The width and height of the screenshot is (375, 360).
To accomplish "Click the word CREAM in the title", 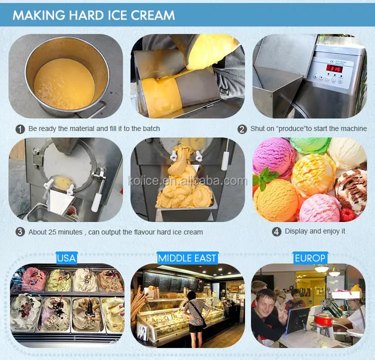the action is pyautogui.click(x=152, y=15).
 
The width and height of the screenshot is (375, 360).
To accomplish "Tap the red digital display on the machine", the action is pyautogui.click(x=334, y=69).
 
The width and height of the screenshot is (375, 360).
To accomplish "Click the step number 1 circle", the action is pyautogui.click(x=20, y=129).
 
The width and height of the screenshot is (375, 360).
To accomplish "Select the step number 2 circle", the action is pyautogui.click(x=242, y=129).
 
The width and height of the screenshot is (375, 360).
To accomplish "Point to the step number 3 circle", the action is pyautogui.click(x=20, y=232).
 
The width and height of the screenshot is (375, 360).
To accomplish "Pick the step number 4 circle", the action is pyautogui.click(x=276, y=231).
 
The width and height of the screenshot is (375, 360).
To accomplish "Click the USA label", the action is pyautogui.click(x=66, y=258).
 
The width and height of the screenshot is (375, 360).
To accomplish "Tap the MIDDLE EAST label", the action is pyautogui.click(x=187, y=258).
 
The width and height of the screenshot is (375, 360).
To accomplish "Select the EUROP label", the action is pyautogui.click(x=310, y=258).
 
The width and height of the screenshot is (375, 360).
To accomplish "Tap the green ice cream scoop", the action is pyautogui.click(x=310, y=144).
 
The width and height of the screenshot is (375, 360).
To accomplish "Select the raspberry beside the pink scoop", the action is pyautogui.click(x=347, y=214).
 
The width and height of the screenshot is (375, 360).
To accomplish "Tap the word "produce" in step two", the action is pyautogui.click(x=291, y=129).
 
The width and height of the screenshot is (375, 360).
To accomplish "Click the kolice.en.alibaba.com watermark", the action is pyautogui.click(x=187, y=180).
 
